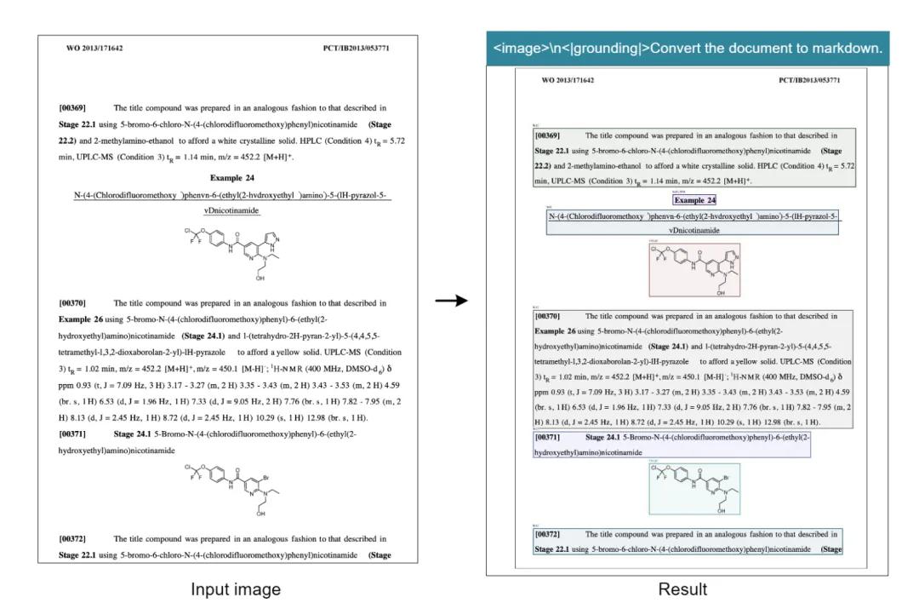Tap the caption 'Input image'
pyautogui.click(x=235, y=589)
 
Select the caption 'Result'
pyautogui.click(x=683, y=589)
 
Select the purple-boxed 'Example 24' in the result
pyautogui.click(x=694, y=200)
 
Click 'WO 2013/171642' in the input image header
pyautogui.click(x=94, y=49)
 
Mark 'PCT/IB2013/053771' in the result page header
pyautogui.click(x=809, y=80)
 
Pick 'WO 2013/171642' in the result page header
pyautogui.click(x=568, y=80)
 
